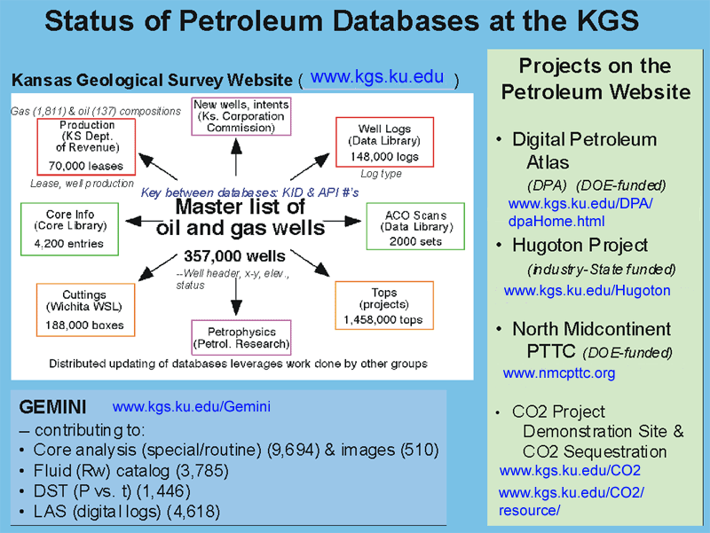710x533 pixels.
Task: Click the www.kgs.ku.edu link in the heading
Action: [x=377, y=77]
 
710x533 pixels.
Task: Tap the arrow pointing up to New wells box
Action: [x=236, y=157]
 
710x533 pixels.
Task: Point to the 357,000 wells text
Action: [x=234, y=256]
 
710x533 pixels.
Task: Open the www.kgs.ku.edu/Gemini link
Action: [x=192, y=406]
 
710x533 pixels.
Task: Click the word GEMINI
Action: [x=52, y=407]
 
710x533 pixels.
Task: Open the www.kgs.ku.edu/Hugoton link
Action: [x=587, y=290]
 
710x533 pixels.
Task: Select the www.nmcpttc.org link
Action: [x=559, y=372]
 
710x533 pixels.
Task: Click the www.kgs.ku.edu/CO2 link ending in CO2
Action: [x=570, y=471]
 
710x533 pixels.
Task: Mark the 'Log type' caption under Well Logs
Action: [x=381, y=174]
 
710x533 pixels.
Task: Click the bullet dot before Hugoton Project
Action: [x=499, y=246]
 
